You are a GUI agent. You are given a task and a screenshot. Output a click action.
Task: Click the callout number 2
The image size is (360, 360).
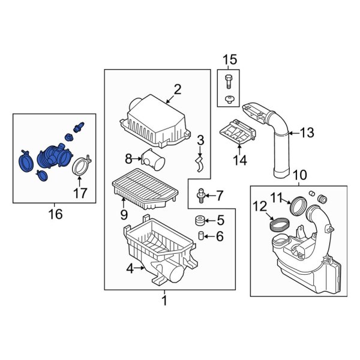tap(177, 90)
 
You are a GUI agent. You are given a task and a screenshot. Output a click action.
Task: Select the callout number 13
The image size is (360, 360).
tap(307, 133)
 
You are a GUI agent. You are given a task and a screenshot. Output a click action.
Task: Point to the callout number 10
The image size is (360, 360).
tap(298, 175)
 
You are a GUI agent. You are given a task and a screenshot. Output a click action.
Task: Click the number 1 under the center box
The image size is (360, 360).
tap(164, 301)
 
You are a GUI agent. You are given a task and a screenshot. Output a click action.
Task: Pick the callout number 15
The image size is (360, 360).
tap(230, 60)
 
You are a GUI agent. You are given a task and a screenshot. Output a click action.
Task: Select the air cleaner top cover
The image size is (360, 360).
tap(157, 120)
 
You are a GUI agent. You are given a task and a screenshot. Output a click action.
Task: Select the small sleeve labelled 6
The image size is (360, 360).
tap(202, 236)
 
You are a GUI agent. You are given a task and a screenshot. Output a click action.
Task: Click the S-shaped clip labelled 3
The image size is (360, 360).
tap(200, 161)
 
